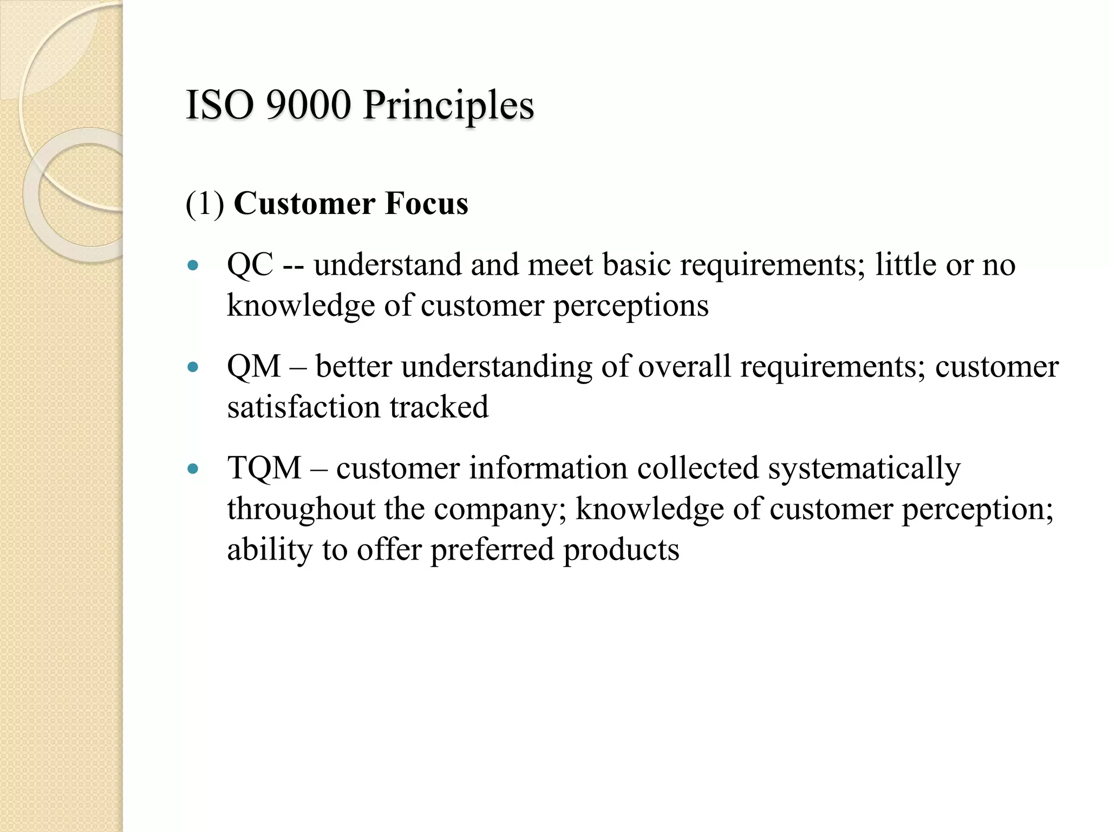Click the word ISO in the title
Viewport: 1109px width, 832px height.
[220, 105]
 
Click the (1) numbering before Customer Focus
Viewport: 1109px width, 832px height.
[205, 204]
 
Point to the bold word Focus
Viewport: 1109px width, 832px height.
[426, 204]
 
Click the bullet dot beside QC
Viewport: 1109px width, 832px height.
[193, 265]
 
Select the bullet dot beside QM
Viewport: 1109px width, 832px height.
[193, 367]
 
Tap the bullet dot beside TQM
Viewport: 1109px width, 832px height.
[193, 469]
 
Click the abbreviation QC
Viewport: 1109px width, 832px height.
[250, 265]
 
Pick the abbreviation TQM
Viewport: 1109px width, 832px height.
[264, 468]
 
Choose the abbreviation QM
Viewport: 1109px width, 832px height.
[254, 367]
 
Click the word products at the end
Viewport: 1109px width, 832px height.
[621, 550]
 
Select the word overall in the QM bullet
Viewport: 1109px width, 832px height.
[684, 367]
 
